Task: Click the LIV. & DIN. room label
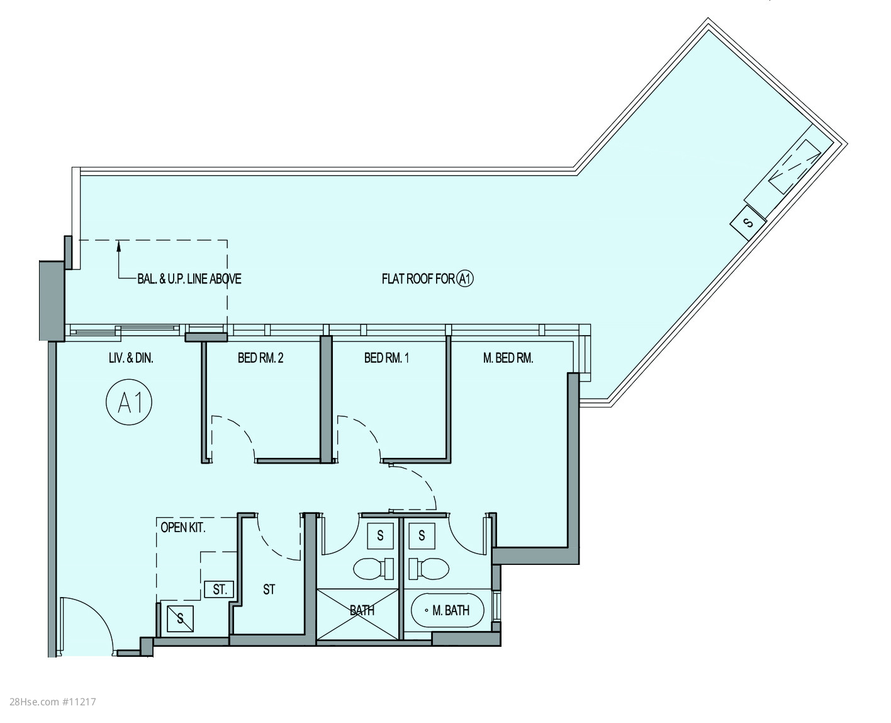pyautogui.click(x=131, y=358)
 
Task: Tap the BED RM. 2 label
pyautogui.click(x=260, y=358)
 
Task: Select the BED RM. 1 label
pyautogui.click(x=386, y=358)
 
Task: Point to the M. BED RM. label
pyautogui.click(x=508, y=358)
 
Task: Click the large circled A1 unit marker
pyautogui.click(x=129, y=402)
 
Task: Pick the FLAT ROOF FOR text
pyautogui.click(x=418, y=279)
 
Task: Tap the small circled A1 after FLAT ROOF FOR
pyautogui.click(x=465, y=279)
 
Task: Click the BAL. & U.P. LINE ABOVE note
pyautogui.click(x=189, y=279)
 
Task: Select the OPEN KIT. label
pyautogui.click(x=183, y=528)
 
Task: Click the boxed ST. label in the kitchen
pyautogui.click(x=219, y=589)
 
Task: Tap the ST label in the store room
pyautogui.click(x=269, y=589)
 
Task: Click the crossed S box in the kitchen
pyautogui.click(x=181, y=618)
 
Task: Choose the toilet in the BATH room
pyautogui.click(x=374, y=569)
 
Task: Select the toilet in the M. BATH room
pyautogui.click(x=429, y=569)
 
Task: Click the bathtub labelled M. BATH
pyautogui.click(x=447, y=610)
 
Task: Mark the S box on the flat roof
pyautogui.click(x=748, y=223)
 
